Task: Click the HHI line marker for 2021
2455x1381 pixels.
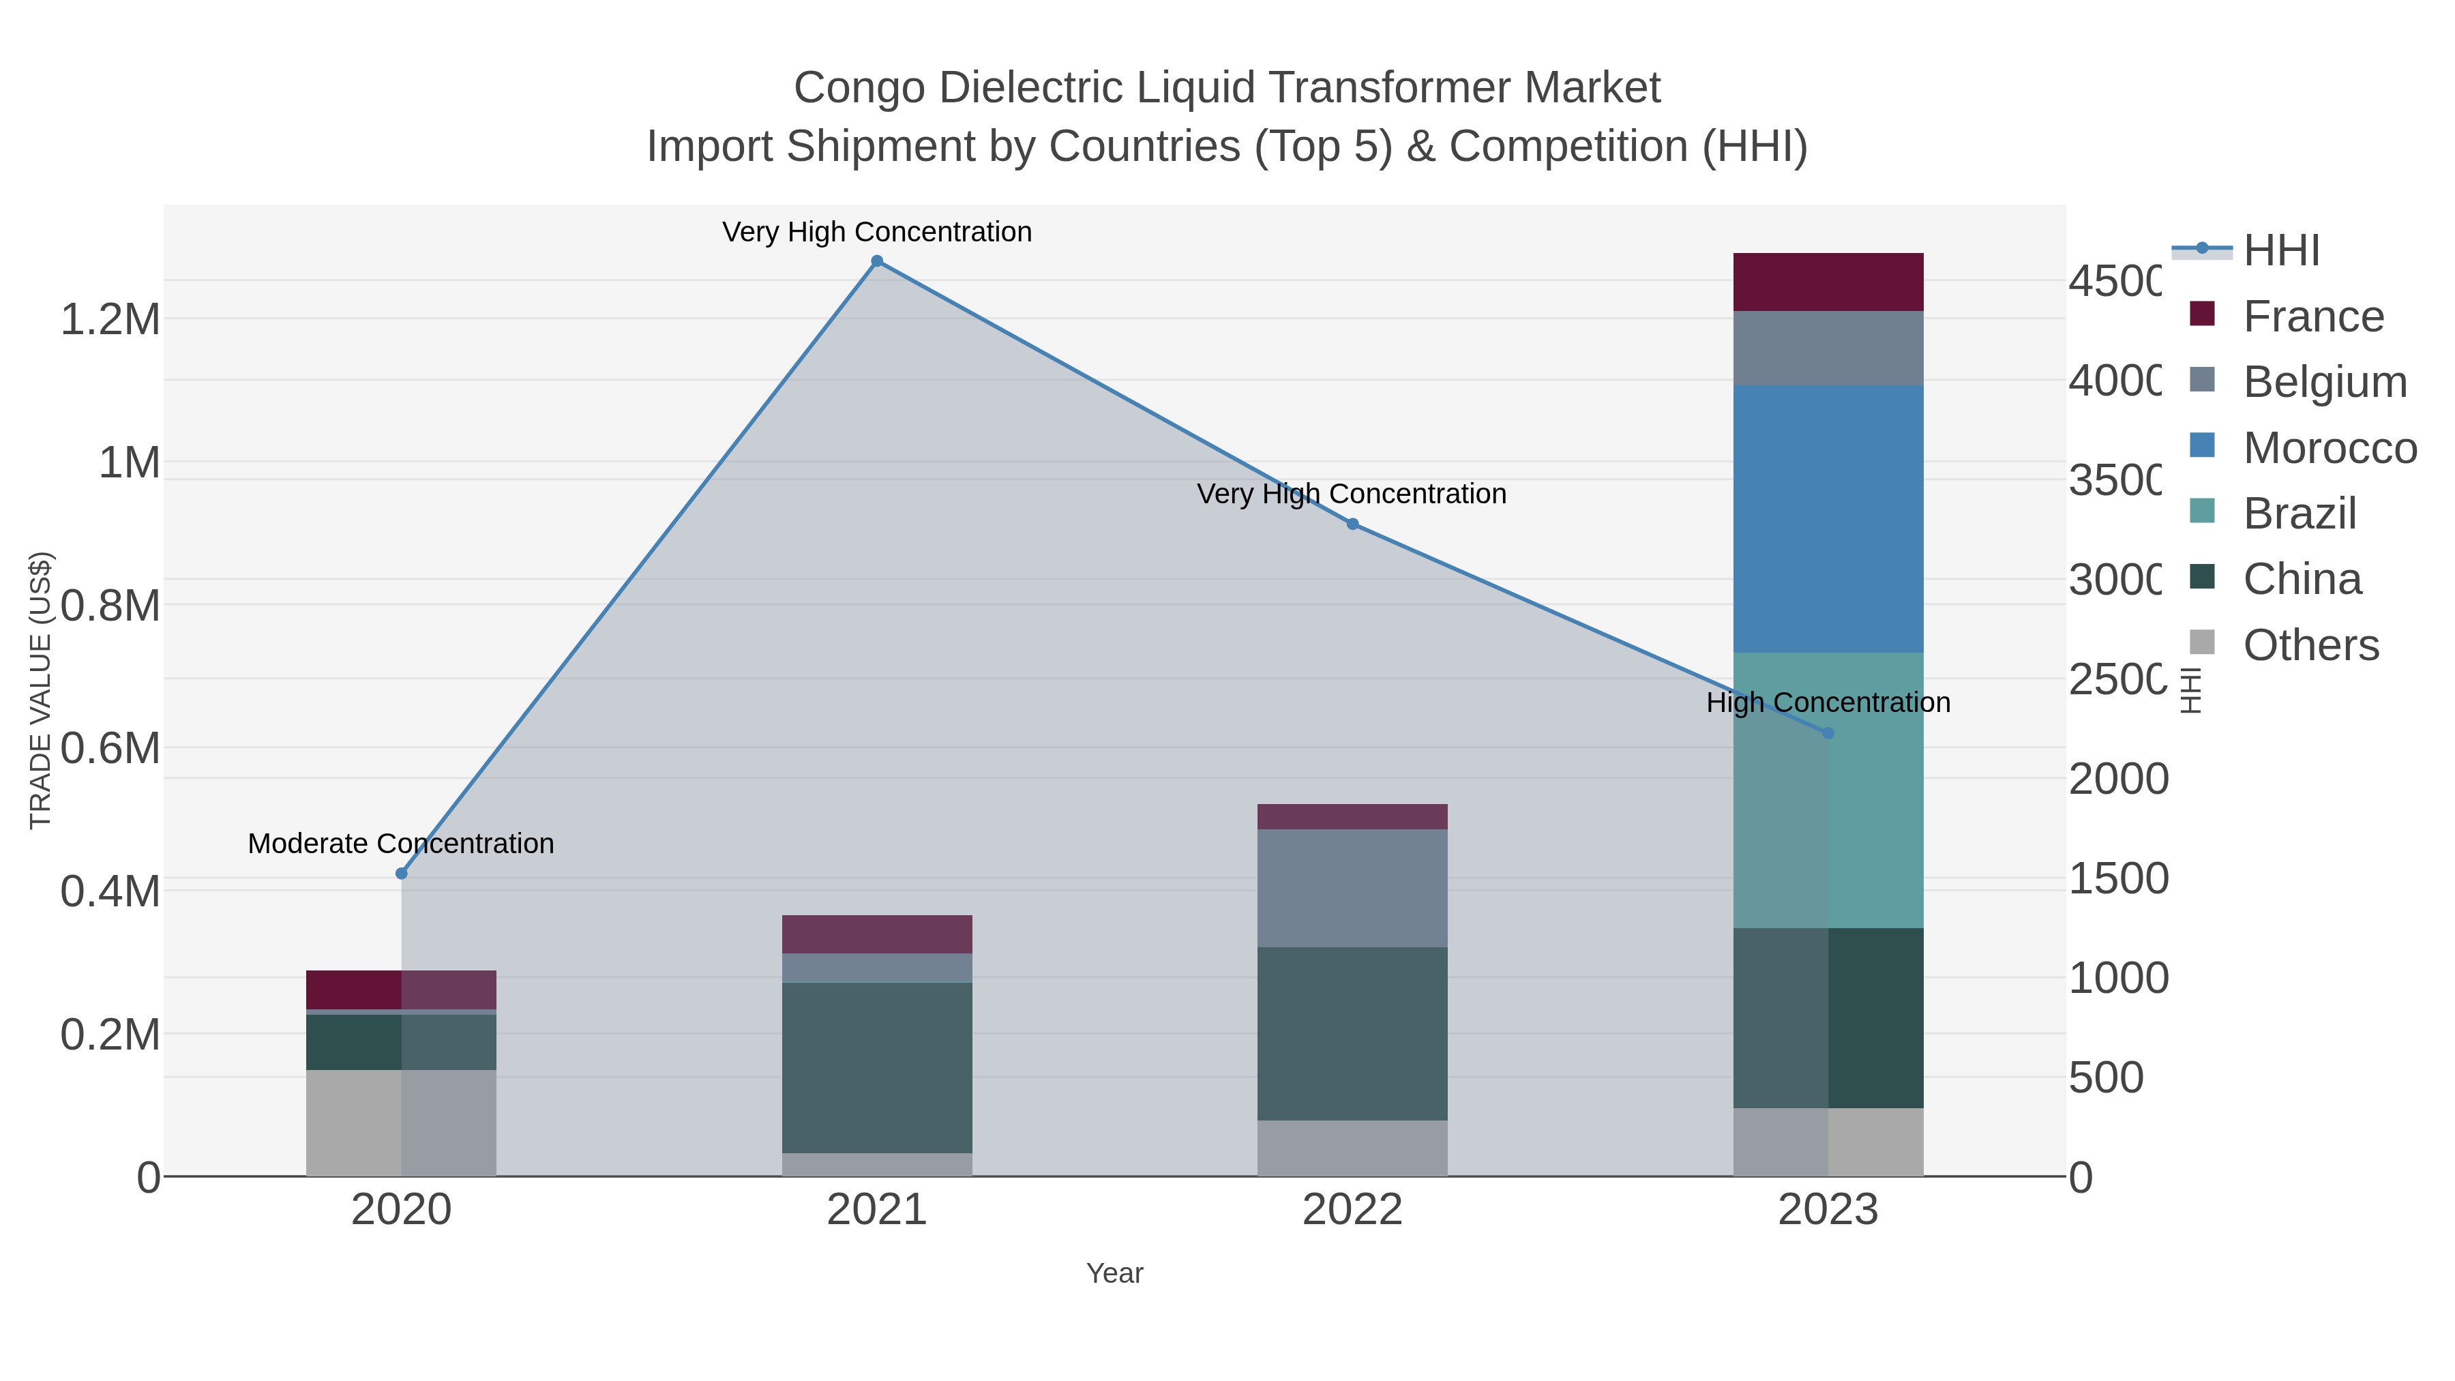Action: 877,261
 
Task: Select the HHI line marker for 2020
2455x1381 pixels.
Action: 401,873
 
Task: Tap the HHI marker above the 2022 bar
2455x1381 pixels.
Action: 1352,523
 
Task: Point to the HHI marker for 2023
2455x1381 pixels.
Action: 1828,733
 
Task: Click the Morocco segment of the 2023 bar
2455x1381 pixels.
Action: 1828,520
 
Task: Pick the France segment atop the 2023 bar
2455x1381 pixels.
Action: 1828,282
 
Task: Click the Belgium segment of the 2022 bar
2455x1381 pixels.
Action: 1352,887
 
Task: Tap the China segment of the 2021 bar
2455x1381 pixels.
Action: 877,1067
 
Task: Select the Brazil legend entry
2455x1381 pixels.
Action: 2299,514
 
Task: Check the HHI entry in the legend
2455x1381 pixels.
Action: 2280,251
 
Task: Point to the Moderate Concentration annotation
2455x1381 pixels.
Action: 401,844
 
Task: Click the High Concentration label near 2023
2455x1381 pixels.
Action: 1828,702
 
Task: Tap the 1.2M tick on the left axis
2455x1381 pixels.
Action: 110,319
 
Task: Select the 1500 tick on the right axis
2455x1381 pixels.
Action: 2117,878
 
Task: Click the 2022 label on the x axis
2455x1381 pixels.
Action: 1352,1211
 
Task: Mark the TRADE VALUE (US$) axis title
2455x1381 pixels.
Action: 40,690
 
